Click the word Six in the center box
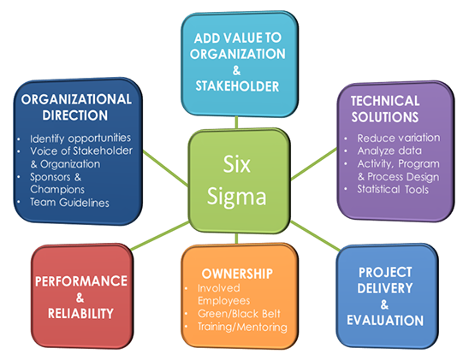pyautogui.click(x=236, y=164)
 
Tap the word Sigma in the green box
pyautogui.click(x=236, y=198)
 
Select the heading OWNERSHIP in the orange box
pyautogui.click(x=237, y=274)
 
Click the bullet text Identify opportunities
pyautogui.click(x=80, y=139)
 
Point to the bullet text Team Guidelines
pyautogui.click(x=69, y=203)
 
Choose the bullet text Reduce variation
pyautogui.click(x=399, y=138)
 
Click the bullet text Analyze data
pyautogui.click(x=389, y=150)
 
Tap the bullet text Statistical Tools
pyautogui.click(x=393, y=190)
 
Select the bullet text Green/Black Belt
pyautogui.click(x=239, y=314)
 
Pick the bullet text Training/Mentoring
pyautogui.click(x=242, y=327)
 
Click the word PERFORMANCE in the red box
pyautogui.click(x=81, y=281)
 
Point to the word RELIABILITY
pyautogui.click(x=80, y=314)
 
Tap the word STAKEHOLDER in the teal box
pyautogui.click(x=237, y=86)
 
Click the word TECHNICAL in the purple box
pyautogui.click(x=385, y=101)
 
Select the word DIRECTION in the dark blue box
pyautogui.click(x=75, y=115)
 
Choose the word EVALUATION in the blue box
pyautogui.click(x=385, y=321)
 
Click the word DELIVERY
pyautogui.click(x=385, y=288)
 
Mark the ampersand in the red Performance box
pyautogui.click(x=80, y=298)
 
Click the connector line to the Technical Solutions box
pyautogui.click(x=314, y=164)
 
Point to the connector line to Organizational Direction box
pyautogui.click(x=166, y=168)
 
